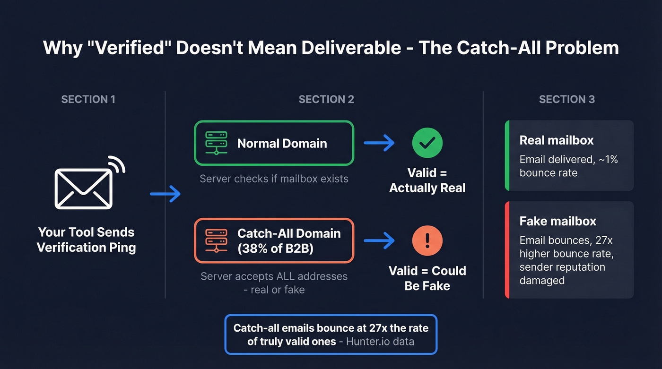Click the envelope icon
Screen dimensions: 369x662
point(84,188)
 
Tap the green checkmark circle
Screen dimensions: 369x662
point(427,143)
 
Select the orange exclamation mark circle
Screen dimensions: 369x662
point(427,240)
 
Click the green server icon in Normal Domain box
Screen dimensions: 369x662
point(217,143)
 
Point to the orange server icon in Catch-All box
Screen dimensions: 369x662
point(217,240)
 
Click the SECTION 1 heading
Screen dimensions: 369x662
point(88,99)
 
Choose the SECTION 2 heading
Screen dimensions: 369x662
point(326,99)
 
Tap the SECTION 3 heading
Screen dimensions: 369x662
point(567,99)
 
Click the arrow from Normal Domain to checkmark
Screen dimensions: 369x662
point(379,143)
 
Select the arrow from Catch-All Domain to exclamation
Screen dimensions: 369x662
point(379,240)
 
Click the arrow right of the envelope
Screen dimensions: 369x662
point(165,194)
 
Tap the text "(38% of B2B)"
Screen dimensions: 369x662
point(275,248)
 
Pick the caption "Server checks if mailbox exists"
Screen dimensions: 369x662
point(274,179)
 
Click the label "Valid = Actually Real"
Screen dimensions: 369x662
point(427,180)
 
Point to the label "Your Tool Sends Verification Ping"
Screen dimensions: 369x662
point(86,240)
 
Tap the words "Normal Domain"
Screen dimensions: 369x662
point(282,143)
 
